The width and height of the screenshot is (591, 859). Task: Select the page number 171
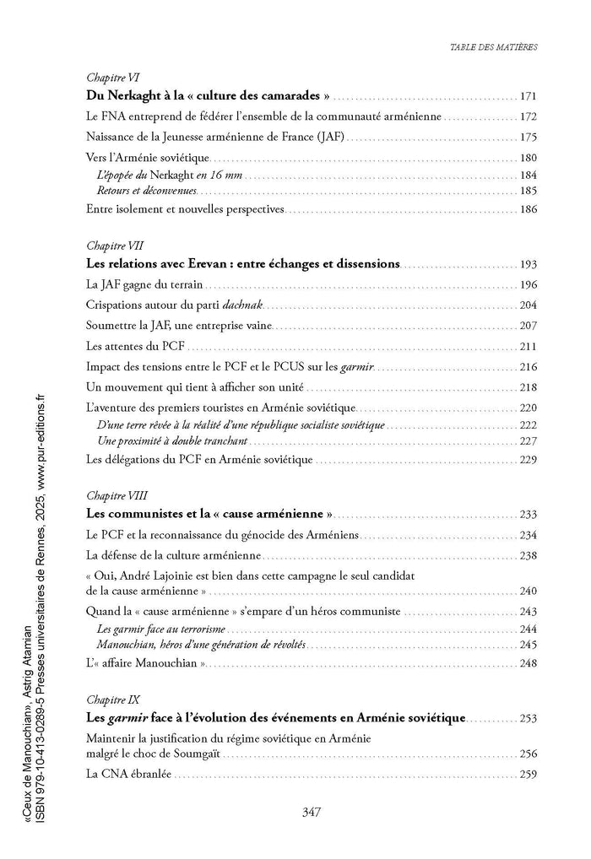[x=529, y=96]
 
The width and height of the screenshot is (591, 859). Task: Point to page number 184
[x=529, y=176]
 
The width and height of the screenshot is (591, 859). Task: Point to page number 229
[x=529, y=460]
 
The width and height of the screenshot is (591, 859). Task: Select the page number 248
[x=529, y=663]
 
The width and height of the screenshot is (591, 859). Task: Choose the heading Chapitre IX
[x=112, y=700]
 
